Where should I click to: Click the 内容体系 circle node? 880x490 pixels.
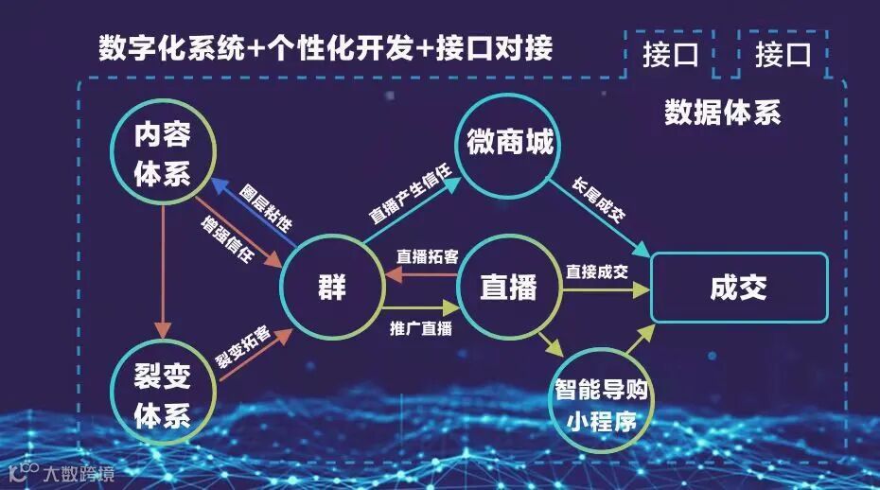click(163, 154)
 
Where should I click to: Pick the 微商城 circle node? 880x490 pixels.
click(510, 145)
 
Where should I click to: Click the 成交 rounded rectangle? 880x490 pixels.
click(738, 288)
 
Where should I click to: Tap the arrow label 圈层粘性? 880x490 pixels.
click(265, 206)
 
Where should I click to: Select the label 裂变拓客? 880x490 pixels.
click(242, 347)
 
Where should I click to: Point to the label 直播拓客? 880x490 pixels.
click(428, 256)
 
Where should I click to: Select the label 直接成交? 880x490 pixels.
click(597, 271)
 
